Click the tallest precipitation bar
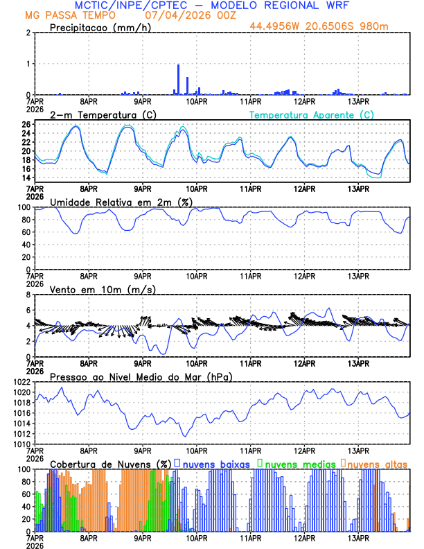coord(179,79)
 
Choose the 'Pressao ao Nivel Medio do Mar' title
coord(141,376)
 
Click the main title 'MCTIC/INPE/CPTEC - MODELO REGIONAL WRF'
coord(211,5)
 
